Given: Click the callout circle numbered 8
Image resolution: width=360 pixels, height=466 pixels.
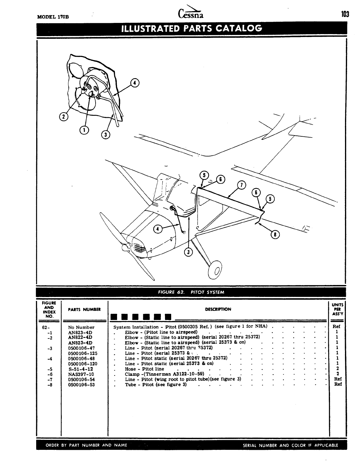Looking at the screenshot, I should click(275, 234).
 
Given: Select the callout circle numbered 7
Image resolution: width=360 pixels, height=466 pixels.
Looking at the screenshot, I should click(241, 185).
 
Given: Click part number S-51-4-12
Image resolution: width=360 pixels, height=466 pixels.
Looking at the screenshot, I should click(80, 369).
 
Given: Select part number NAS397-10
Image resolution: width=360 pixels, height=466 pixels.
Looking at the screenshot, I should click(81, 374).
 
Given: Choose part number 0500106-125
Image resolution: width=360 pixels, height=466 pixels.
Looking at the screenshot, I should click(83, 353).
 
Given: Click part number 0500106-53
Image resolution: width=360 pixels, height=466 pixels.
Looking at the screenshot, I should click(81, 385).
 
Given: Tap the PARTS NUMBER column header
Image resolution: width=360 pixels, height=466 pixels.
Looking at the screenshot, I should click(84, 309).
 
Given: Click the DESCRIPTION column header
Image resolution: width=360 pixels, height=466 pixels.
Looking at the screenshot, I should click(218, 309).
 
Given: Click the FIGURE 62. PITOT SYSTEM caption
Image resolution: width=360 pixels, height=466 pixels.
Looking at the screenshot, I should click(191, 292).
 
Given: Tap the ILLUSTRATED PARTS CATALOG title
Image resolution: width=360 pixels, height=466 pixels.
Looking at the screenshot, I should click(191, 29).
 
